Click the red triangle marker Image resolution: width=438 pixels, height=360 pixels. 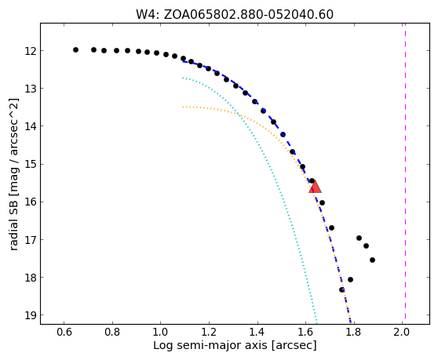pos(315,187)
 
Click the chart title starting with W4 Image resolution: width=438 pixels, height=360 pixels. pos(235,15)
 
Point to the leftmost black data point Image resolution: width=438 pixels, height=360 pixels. pos(75,49)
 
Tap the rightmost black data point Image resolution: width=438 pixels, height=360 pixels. pos(372,260)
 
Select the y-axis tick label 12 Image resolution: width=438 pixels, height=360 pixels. pos(31,51)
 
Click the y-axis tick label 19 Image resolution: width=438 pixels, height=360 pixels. pos(31,315)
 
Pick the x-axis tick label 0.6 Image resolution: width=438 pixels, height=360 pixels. pos(64,332)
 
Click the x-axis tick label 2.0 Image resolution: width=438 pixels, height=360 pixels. pos(402,332)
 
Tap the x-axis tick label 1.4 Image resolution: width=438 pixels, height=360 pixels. pos(257,332)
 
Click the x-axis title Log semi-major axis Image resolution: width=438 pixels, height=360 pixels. pos(211,345)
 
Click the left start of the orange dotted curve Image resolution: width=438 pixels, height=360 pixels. pos(183,107)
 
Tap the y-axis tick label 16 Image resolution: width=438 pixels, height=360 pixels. pos(31,202)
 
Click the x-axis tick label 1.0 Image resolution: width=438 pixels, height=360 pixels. pos(161,332)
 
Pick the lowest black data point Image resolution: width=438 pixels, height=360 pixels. pos(341,289)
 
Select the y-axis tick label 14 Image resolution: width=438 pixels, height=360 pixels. pos(31,126)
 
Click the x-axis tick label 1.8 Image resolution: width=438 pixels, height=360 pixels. pos(354,332)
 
